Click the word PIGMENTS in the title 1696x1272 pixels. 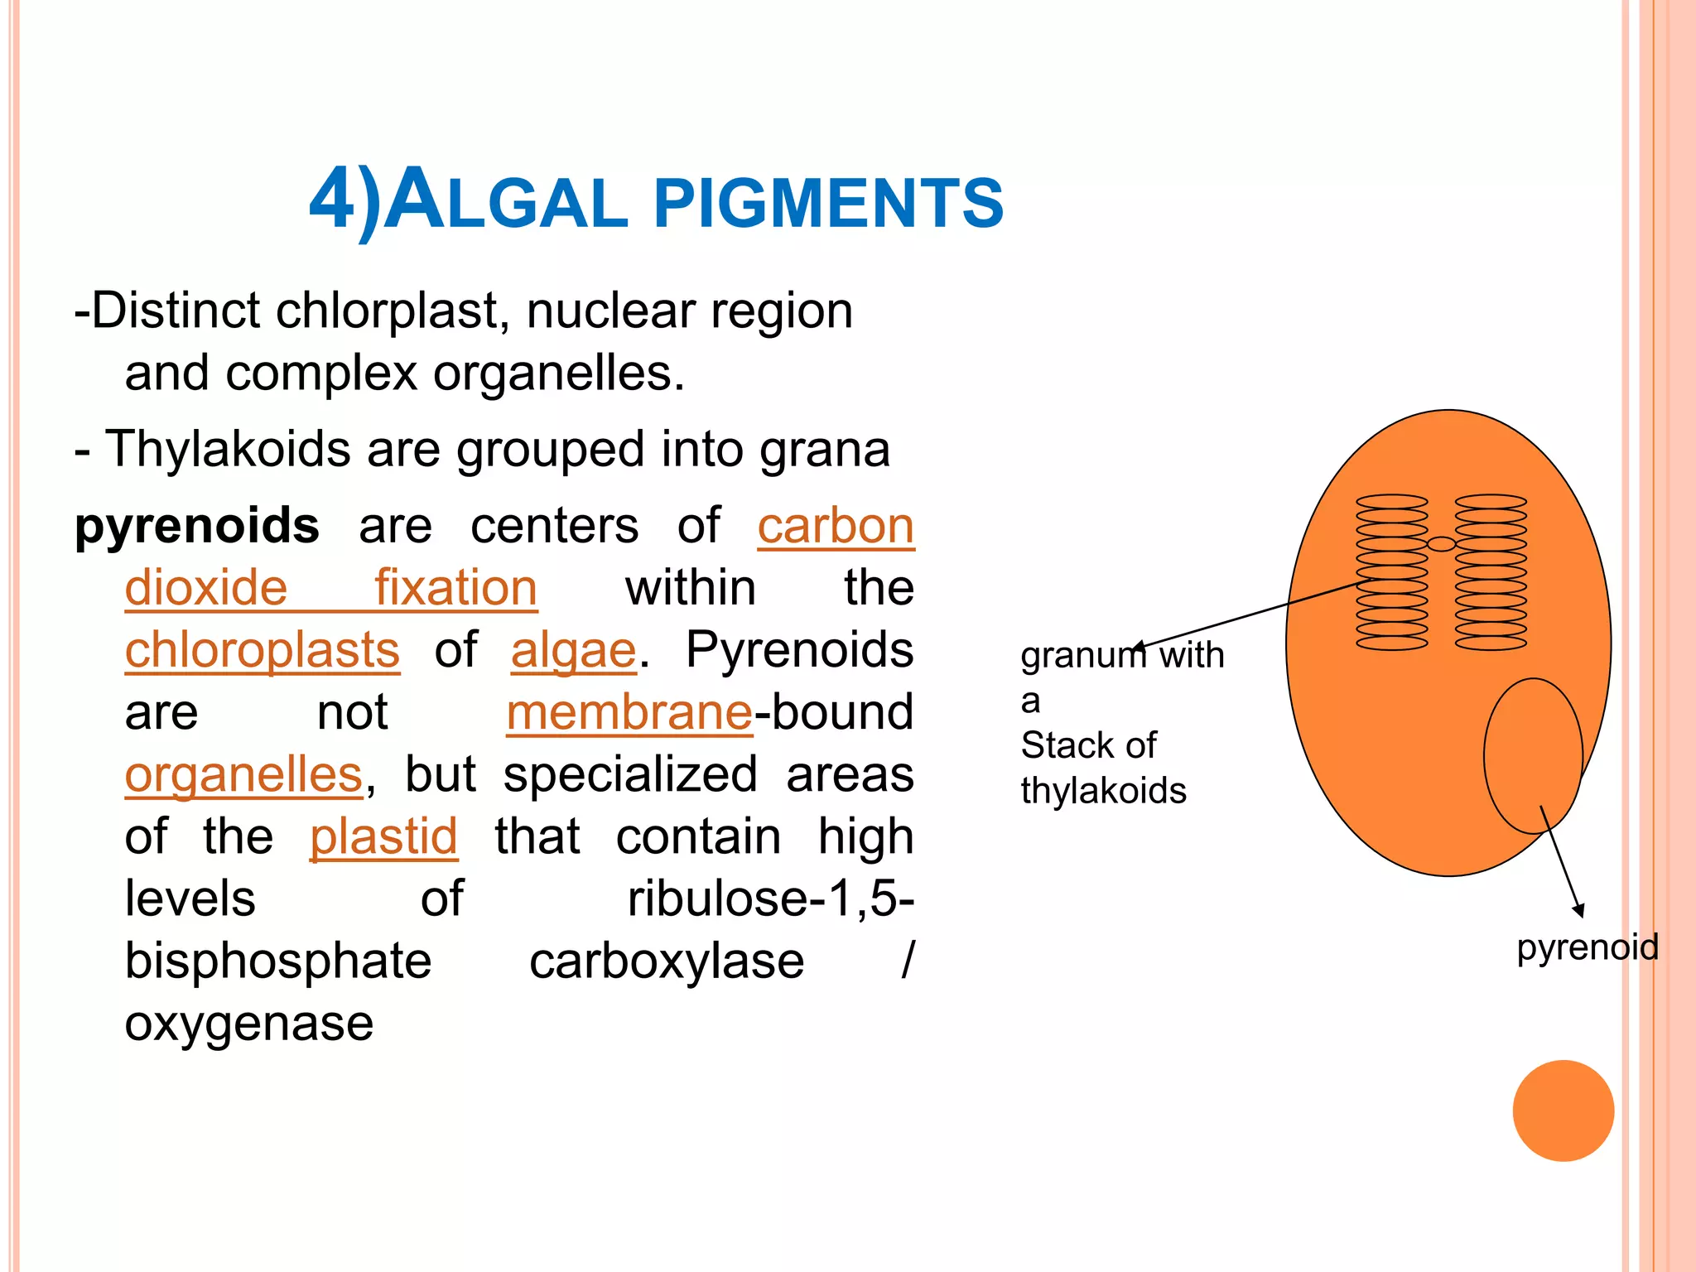(x=828, y=203)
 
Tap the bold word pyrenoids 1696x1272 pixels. (x=196, y=526)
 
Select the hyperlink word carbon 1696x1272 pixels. (x=835, y=526)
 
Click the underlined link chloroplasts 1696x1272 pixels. (x=263, y=650)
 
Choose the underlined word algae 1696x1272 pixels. (x=573, y=650)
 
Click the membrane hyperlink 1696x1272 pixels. (x=629, y=712)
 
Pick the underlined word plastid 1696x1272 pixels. (x=383, y=836)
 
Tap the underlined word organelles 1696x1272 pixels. (x=243, y=774)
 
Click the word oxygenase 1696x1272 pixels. (x=248, y=1024)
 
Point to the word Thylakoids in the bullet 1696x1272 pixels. (x=229, y=450)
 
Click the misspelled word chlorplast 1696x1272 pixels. (x=387, y=311)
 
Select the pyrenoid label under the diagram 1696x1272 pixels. (x=1587, y=947)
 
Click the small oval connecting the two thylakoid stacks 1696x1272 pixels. (x=1441, y=544)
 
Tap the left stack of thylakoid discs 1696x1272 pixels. (x=1391, y=572)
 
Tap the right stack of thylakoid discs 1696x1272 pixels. (x=1491, y=572)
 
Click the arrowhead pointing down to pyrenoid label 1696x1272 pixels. (x=1578, y=910)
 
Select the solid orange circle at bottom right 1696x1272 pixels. (x=1563, y=1111)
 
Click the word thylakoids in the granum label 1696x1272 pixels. (x=1103, y=791)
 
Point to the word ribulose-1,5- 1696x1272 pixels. (x=770, y=899)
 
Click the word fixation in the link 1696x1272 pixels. (x=455, y=588)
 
